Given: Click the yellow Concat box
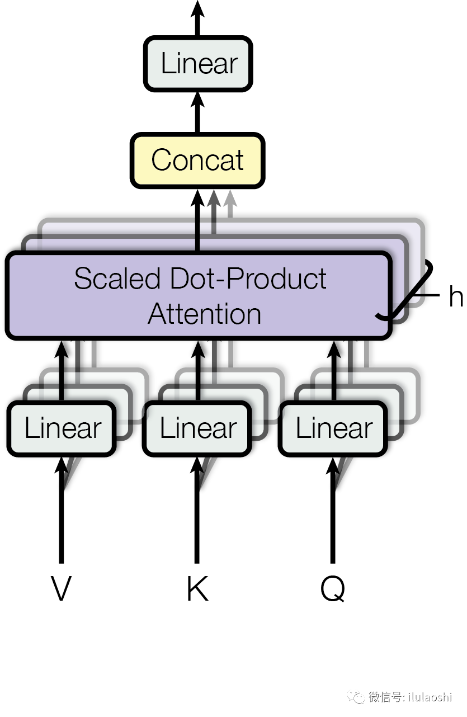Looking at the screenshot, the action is [197, 160].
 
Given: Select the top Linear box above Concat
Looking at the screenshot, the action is [198, 63].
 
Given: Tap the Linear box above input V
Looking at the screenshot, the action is [62, 428].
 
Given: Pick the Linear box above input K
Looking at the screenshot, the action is [197, 428].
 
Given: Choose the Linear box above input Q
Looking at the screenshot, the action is [333, 428].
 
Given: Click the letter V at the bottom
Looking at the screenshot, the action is [61, 588].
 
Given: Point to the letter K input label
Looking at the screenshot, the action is [197, 588].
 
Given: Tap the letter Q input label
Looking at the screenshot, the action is [333, 588].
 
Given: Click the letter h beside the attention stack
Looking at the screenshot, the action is [456, 296].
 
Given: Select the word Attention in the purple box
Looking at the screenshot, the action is [204, 314].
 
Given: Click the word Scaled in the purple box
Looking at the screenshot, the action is [117, 278].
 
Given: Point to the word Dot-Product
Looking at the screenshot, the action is [248, 278].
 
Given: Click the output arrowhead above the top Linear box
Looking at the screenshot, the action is [197, 9].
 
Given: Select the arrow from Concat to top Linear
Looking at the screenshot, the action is [197, 112].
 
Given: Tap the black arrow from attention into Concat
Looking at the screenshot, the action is [197, 220].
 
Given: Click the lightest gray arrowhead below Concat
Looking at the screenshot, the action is [230, 199].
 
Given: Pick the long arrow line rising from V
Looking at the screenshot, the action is [61, 510].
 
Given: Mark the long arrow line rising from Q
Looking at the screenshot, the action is [333, 510].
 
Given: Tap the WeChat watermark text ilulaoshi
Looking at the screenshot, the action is [430, 697].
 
